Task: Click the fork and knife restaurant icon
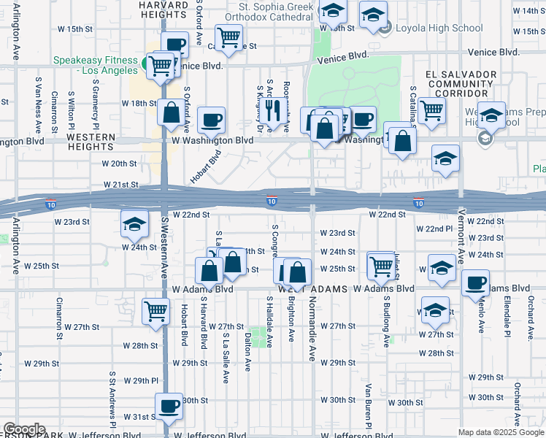[x=273, y=110]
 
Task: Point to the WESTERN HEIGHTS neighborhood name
[x=91, y=142]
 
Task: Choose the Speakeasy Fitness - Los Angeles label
[x=95, y=66]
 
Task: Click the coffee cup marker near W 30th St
[x=169, y=405]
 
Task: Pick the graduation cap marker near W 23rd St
[x=134, y=224]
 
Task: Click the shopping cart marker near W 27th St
[x=156, y=310]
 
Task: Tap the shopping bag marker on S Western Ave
[x=171, y=113]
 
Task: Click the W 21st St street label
[x=120, y=185]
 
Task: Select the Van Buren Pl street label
[x=369, y=405]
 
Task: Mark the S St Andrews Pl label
[x=113, y=398]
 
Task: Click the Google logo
[x=24, y=429]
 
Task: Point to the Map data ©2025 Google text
[x=500, y=432]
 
